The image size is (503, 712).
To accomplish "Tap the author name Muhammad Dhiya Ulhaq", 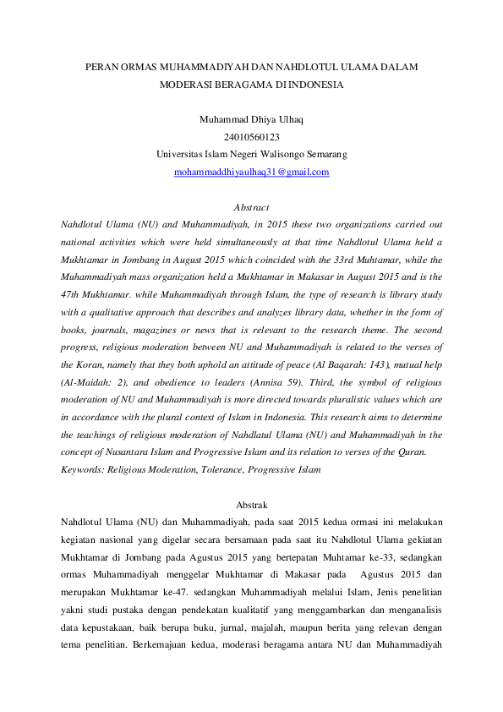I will pos(251,119).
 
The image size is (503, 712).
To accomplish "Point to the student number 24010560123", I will pos(251,137).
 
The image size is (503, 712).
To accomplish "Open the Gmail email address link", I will pos(251,173).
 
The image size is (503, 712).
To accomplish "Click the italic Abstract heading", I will pos(251,207).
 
